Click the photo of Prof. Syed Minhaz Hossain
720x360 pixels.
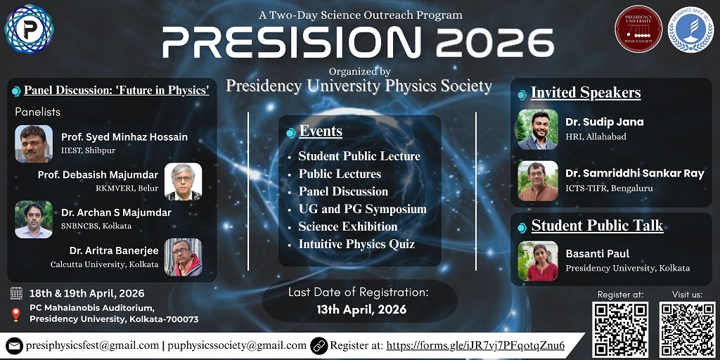[34, 143]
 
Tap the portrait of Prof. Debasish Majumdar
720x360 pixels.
[184, 181]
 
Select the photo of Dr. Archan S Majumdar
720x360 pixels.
[34, 219]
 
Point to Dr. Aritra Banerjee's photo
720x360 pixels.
[184, 257]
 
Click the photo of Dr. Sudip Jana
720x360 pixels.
[538, 129]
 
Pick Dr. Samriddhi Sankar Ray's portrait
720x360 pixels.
[538, 181]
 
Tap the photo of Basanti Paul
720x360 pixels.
[538, 261]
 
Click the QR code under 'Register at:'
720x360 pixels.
[620, 329]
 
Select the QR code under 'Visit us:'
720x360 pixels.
[687, 329]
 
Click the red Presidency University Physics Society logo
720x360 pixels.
[638, 28]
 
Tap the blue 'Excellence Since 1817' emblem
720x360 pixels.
[690, 29]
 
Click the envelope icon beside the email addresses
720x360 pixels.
[14, 346]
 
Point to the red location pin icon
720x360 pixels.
[16, 314]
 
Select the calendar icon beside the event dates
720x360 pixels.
[16, 293]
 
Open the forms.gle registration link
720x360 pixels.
[476, 345]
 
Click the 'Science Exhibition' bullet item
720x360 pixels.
[347, 226]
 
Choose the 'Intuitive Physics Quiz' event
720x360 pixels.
[356, 244]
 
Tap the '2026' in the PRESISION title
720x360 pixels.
[494, 42]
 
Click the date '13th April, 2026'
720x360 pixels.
[361, 309]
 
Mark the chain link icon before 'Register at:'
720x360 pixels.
[319, 346]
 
